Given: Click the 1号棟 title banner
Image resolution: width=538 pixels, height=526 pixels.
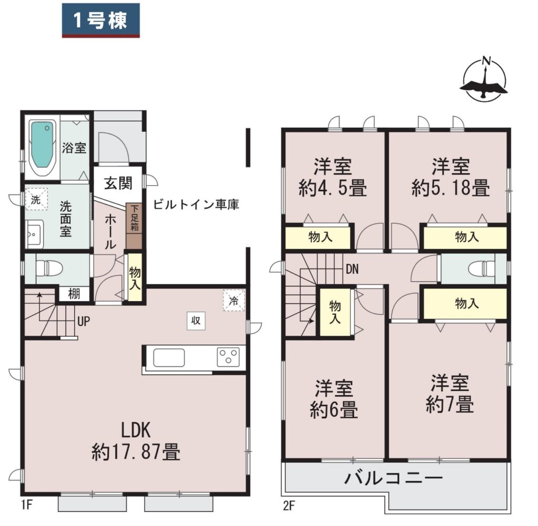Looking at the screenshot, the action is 100,20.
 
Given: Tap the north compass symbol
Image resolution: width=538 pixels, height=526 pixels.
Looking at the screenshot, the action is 484,80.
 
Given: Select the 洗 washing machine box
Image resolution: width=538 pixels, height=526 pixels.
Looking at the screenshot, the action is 36,200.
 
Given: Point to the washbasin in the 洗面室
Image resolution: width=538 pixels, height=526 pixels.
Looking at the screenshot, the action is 34,234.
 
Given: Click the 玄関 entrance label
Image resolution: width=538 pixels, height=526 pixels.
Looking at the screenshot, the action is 118,183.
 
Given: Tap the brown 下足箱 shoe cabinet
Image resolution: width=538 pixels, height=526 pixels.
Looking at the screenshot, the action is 134,226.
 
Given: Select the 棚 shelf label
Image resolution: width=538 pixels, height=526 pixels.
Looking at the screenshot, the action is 74,294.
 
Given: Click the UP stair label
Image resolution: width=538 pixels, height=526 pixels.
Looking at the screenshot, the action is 84,322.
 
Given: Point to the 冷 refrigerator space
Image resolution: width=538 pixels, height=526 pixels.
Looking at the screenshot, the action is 234,300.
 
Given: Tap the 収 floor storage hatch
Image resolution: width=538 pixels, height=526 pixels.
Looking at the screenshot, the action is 196,321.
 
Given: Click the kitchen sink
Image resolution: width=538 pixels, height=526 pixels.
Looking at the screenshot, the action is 169,357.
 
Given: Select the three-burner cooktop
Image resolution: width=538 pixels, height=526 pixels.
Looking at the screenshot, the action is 228,357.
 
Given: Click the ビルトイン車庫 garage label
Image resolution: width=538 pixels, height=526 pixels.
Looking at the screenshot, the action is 196,204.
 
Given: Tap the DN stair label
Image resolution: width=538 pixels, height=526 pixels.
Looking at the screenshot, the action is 353,270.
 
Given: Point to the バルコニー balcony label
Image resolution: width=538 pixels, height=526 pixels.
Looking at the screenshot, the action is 394,478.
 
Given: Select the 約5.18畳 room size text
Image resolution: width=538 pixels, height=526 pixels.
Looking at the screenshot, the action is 451,188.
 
